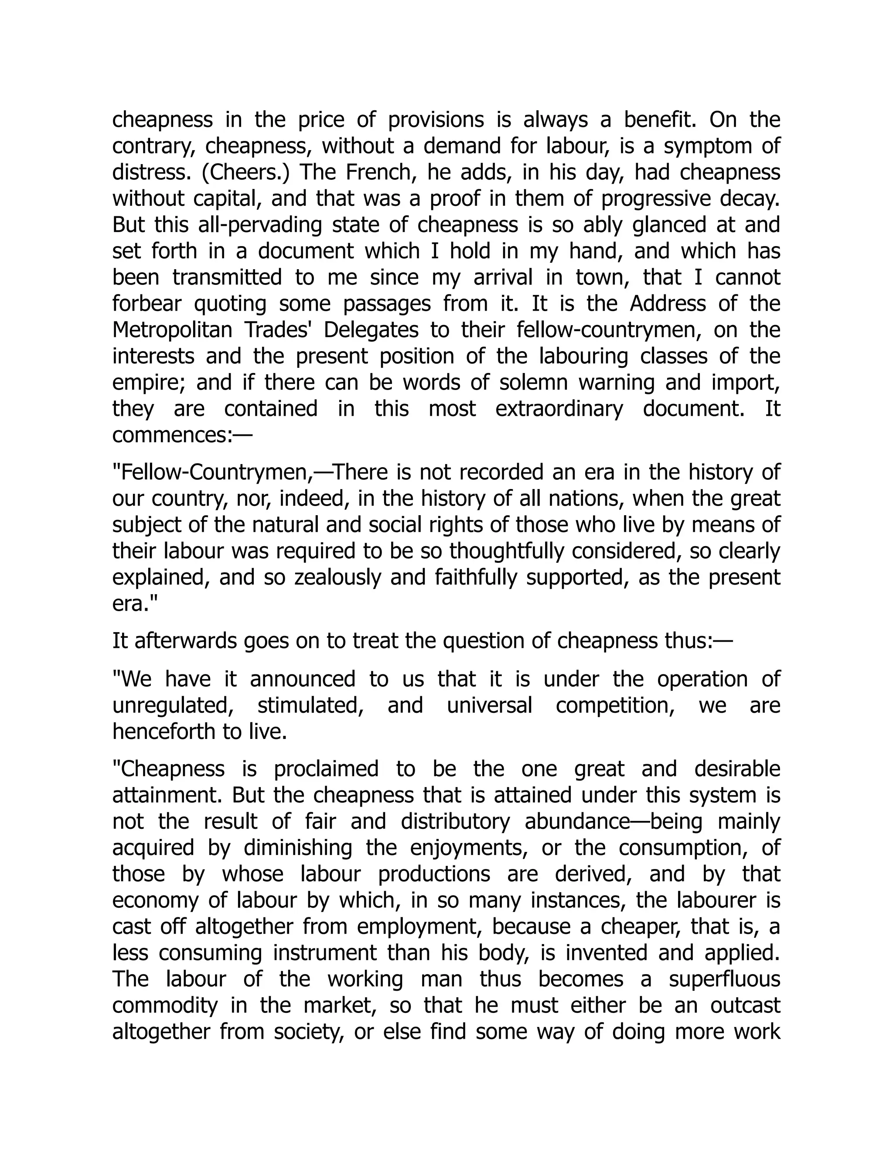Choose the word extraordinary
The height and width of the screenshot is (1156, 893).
[559, 409]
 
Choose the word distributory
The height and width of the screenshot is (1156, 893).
[455, 821]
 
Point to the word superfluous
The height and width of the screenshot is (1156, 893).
[724, 979]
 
